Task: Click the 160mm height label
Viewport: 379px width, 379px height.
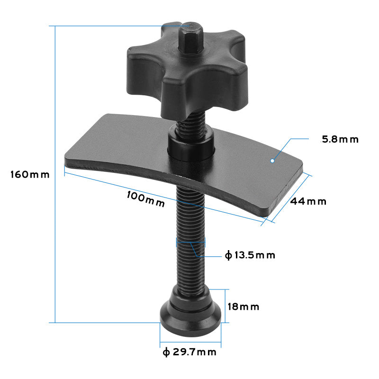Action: (x=30, y=174)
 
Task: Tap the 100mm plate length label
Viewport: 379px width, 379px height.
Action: (x=146, y=199)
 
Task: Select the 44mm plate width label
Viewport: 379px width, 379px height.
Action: (x=308, y=201)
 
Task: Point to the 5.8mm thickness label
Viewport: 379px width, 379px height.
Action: (x=340, y=139)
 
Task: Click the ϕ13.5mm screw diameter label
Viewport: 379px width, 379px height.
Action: (x=250, y=255)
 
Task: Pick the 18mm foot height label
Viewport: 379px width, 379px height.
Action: (x=244, y=307)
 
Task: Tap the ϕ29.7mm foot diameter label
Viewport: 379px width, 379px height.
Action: (x=189, y=352)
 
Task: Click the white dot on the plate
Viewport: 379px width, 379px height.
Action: (x=272, y=161)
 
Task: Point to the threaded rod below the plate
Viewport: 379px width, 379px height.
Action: (x=191, y=237)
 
